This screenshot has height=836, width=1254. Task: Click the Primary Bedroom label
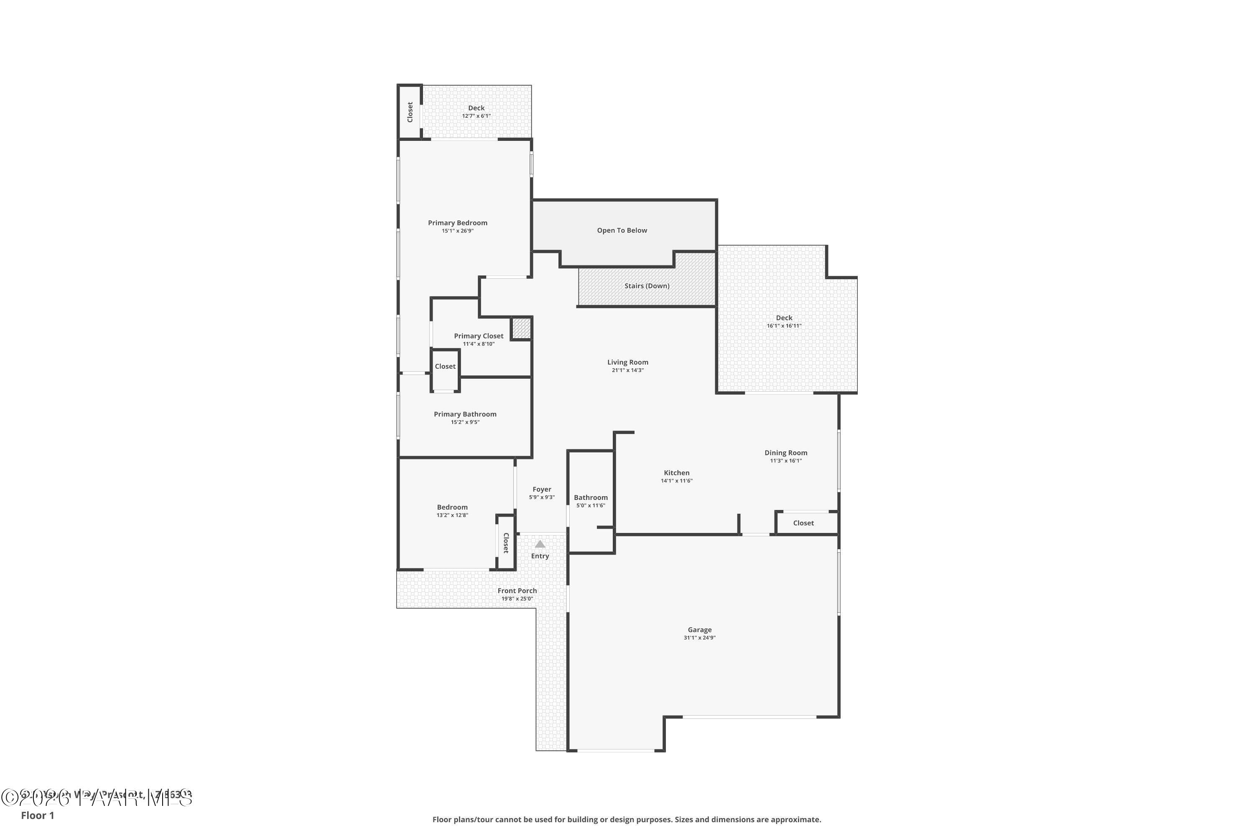(x=457, y=223)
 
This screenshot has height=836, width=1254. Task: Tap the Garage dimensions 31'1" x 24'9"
(x=699, y=638)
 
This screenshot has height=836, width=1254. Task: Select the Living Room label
(x=627, y=362)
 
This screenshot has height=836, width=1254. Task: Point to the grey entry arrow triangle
(x=540, y=544)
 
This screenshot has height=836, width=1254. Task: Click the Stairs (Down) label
(x=647, y=286)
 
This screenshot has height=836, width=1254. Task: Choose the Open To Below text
(x=622, y=230)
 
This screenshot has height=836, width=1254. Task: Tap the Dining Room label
(x=785, y=453)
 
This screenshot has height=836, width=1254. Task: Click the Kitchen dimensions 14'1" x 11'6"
(x=677, y=481)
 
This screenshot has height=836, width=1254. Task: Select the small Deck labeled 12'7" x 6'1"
(x=476, y=112)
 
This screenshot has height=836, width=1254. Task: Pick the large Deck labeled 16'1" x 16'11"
(x=784, y=321)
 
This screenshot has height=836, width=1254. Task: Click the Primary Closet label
(x=478, y=336)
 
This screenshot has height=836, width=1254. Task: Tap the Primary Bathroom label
(x=465, y=414)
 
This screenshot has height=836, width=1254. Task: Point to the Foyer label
(x=542, y=489)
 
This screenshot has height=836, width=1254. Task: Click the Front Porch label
(x=517, y=591)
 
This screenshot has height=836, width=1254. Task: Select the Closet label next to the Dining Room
(x=803, y=523)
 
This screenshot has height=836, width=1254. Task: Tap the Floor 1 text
(x=37, y=815)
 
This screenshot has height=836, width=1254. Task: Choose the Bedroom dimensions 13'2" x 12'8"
(x=452, y=515)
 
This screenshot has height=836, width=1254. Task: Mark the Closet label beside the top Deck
(x=410, y=112)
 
